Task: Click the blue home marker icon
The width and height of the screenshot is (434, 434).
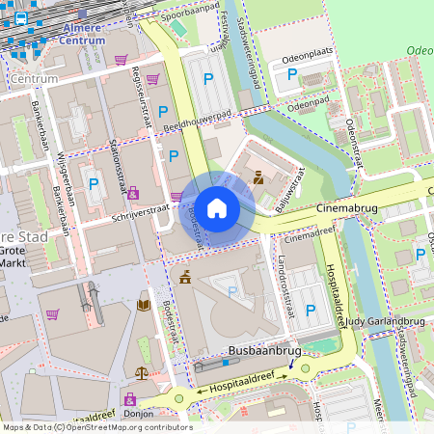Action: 217,208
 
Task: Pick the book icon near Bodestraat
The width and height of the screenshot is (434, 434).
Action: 144,306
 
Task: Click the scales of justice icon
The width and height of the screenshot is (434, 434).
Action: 143,371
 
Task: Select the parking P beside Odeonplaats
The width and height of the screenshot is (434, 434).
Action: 292,74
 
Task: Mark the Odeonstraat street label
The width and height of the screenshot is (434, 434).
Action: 353,145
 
